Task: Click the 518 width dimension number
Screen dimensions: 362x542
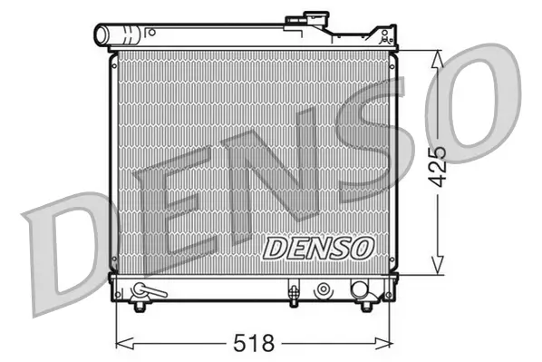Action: pyautogui.click(x=255, y=343)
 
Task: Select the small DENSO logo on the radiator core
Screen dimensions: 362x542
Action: pyautogui.click(x=316, y=247)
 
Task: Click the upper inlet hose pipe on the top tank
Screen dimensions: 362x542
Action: pyautogui.click(x=118, y=35)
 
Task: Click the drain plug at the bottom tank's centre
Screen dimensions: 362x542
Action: pyautogui.click(x=293, y=292)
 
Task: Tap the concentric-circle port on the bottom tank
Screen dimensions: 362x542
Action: pyautogui.click(x=323, y=290)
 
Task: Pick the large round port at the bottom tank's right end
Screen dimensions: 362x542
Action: pyautogui.click(x=360, y=290)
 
